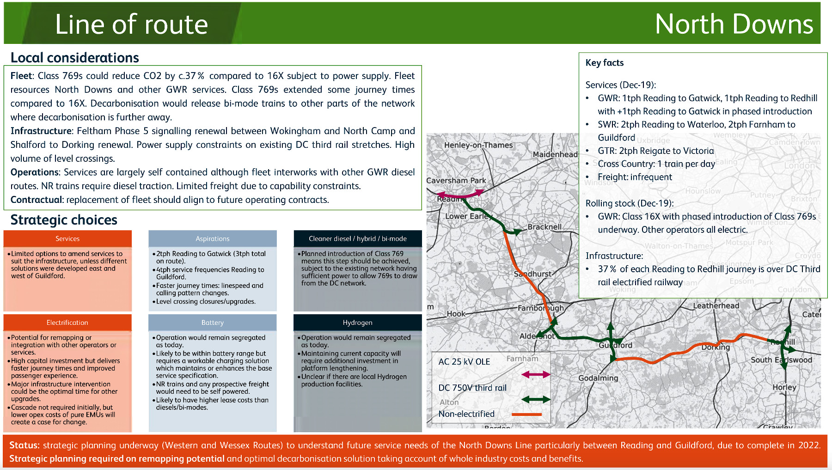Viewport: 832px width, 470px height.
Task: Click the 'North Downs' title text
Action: pyautogui.click(x=734, y=24)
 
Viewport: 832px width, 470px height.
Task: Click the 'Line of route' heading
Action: pyautogui.click(x=131, y=24)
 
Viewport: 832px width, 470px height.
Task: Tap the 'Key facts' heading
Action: pyautogui.click(x=604, y=63)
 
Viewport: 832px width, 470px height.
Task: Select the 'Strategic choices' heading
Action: pyautogui.click(x=64, y=220)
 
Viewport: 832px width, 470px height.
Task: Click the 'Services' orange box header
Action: pyautogui.click(x=67, y=239)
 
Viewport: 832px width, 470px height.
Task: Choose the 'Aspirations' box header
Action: pyautogui.click(x=212, y=239)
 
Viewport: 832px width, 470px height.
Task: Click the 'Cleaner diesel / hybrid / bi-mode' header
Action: pyautogui.click(x=357, y=239)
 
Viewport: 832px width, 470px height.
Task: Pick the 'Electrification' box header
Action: pyautogui.click(x=67, y=323)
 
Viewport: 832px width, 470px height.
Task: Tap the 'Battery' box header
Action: pyautogui.click(x=212, y=323)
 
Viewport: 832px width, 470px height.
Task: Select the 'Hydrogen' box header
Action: pyautogui.click(x=357, y=323)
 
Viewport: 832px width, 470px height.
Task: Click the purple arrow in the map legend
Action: pyautogui.click(x=536, y=374)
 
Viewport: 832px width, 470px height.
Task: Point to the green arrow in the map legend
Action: pyautogui.click(x=536, y=399)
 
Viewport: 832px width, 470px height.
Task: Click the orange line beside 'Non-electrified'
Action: pyautogui.click(x=526, y=415)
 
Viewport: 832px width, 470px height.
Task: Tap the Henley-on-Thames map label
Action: pyautogui.click(x=478, y=145)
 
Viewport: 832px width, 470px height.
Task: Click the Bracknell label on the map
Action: pyautogui.click(x=544, y=227)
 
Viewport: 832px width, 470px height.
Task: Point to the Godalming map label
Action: pyautogui.click(x=598, y=378)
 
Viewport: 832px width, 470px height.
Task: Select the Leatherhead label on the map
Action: pyautogui.click(x=716, y=305)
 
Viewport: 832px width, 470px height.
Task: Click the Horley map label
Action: pyautogui.click(x=784, y=387)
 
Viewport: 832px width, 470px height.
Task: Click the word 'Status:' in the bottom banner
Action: pyautogui.click(x=24, y=446)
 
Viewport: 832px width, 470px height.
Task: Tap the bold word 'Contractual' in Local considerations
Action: pyautogui.click(x=37, y=200)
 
